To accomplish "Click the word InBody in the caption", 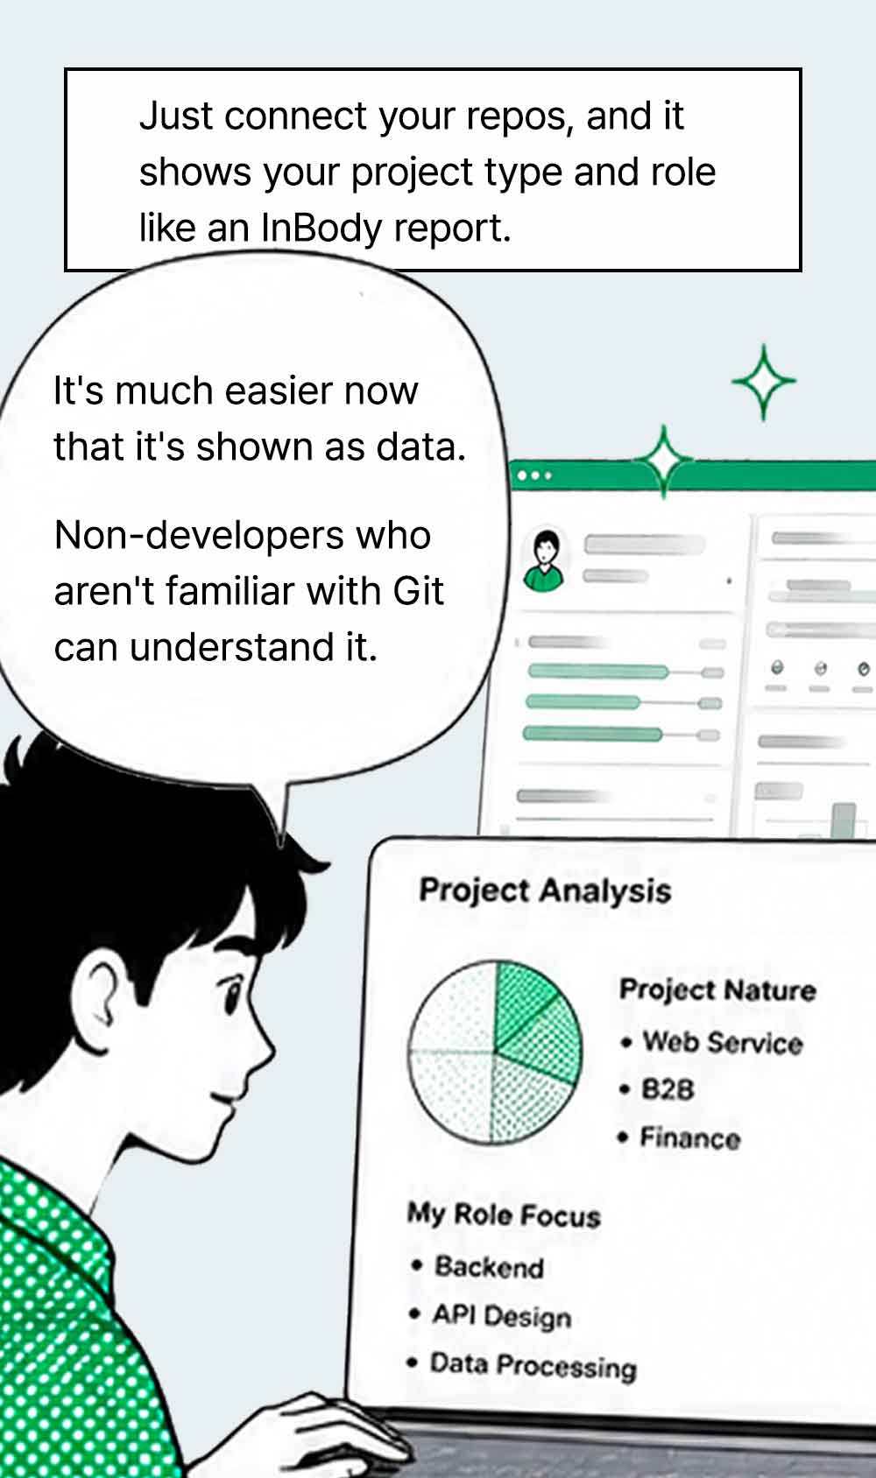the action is (x=321, y=229).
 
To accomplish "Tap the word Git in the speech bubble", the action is (x=419, y=590).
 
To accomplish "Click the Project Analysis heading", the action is (x=545, y=890).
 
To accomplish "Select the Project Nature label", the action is (x=717, y=989).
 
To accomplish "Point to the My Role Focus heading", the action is (x=504, y=1214).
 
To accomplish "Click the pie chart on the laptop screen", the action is (x=495, y=1052).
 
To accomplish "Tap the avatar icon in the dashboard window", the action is (x=544, y=561).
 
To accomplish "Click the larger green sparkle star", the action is (x=764, y=382).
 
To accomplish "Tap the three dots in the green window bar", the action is (x=534, y=475).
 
